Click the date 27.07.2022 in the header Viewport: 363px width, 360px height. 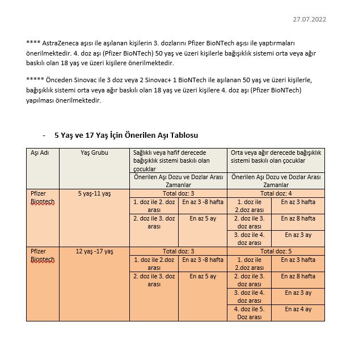click(x=309, y=19)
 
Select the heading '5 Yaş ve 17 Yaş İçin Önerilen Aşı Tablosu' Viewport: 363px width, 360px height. click(x=126, y=135)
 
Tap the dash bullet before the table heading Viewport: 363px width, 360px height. click(x=44, y=135)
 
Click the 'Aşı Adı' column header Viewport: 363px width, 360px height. click(x=40, y=153)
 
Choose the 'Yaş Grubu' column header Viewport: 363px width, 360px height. click(x=94, y=153)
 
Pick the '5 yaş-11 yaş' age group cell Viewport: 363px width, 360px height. click(x=94, y=193)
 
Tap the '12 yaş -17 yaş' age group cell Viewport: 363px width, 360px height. click(x=94, y=251)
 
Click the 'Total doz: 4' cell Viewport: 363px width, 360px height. click(x=276, y=193)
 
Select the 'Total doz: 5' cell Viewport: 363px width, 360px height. click(x=276, y=251)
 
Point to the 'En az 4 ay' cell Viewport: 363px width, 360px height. click(x=298, y=309)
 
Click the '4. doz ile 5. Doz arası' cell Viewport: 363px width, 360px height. click(x=250, y=313)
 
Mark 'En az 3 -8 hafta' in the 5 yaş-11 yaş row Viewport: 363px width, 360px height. click(x=202, y=202)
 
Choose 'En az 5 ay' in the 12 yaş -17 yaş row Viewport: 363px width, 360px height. click(x=202, y=276)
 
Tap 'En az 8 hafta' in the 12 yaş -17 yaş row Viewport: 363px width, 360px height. click(x=298, y=276)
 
